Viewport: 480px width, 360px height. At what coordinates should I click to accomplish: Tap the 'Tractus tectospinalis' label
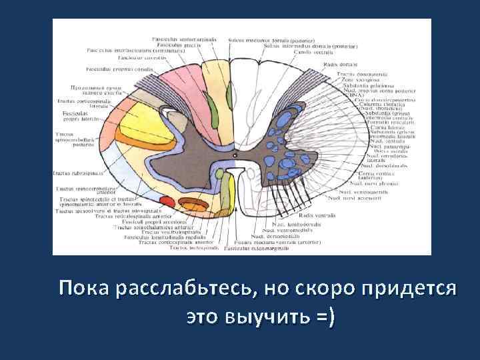point(193,248)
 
